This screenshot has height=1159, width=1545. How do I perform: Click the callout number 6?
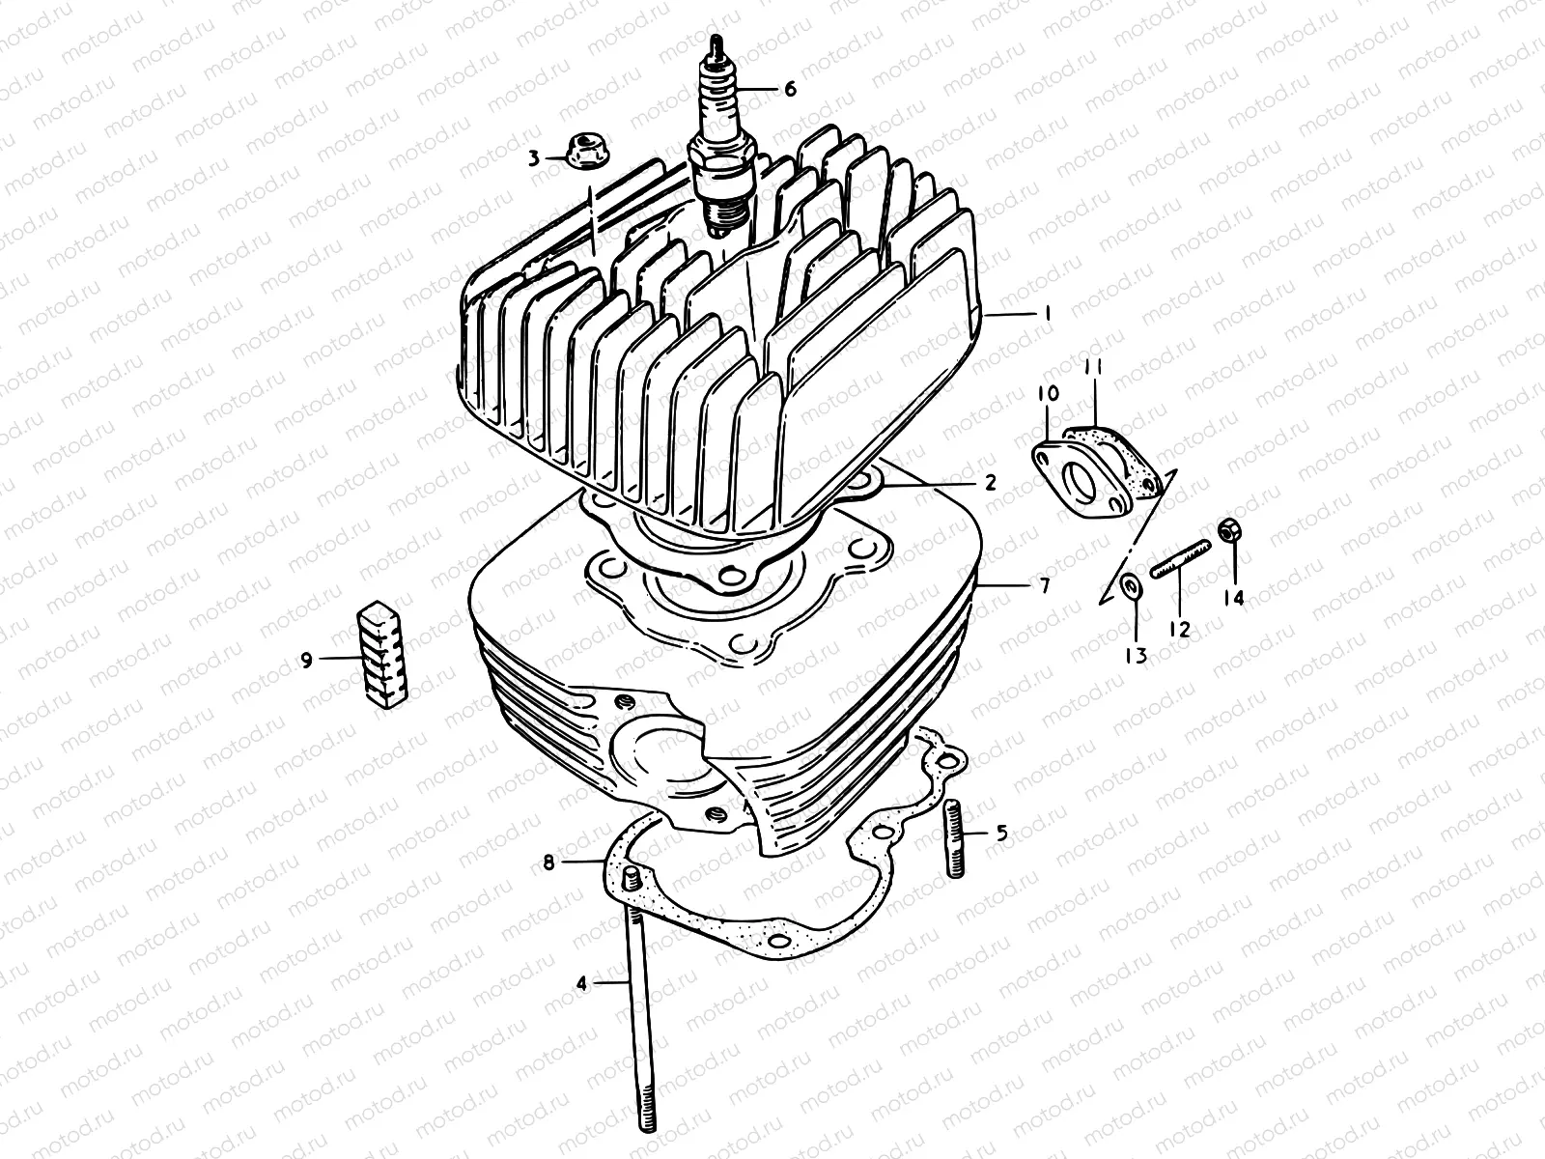tap(790, 90)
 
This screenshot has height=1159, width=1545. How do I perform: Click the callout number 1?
tap(1047, 315)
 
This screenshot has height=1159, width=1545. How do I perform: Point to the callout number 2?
tap(990, 482)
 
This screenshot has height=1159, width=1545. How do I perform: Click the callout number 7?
tap(1044, 585)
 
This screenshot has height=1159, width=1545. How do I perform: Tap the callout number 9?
tap(306, 661)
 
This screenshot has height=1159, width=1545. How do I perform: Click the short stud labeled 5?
tap(956, 839)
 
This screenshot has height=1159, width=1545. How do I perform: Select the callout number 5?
tap(1002, 833)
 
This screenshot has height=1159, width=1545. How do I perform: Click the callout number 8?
tap(548, 862)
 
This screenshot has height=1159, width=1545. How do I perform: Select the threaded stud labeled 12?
tap(1179, 560)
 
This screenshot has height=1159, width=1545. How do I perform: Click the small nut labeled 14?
tap(1229, 530)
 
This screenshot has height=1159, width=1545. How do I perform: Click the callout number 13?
tap(1136, 656)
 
